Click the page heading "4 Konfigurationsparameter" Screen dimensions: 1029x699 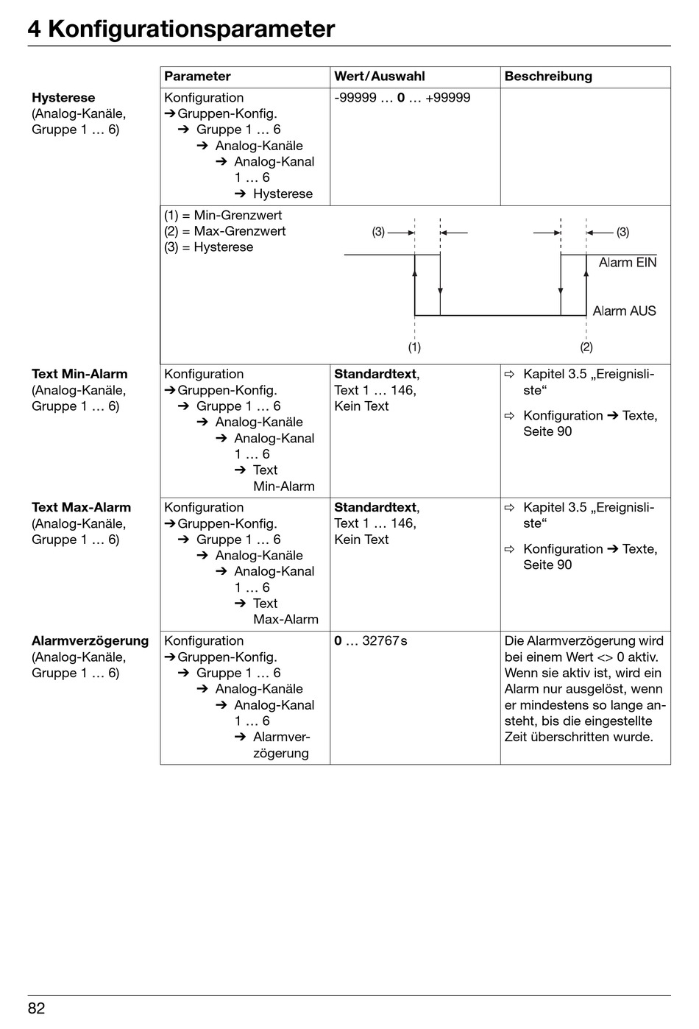coord(181,29)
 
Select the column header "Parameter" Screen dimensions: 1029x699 coord(197,77)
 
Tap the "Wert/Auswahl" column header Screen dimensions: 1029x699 coord(379,77)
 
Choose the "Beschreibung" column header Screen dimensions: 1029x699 coord(547,77)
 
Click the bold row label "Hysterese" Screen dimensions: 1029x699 coord(63,98)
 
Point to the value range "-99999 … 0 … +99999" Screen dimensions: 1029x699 coord(402,98)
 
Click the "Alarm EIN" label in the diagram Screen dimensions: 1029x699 coord(627,263)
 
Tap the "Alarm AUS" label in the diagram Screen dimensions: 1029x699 coord(624,311)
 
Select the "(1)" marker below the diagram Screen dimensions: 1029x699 coord(415,347)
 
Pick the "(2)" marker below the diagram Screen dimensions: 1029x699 coord(586,347)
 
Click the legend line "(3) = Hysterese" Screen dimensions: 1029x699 coord(208,247)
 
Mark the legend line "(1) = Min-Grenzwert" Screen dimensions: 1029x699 coord(223,216)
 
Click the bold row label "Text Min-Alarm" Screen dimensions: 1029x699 coord(79,374)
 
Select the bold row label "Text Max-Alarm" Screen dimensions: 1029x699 coord(81,508)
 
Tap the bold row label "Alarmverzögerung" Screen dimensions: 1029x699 coord(90,641)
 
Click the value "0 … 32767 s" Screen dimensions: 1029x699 coord(370,641)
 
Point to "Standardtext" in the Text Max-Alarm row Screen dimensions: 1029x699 coord(375,508)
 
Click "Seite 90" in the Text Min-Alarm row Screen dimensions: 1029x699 coord(547,431)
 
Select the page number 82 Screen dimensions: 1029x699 coord(37,1008)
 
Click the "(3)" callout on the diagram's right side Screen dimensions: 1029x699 coord(622,233)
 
